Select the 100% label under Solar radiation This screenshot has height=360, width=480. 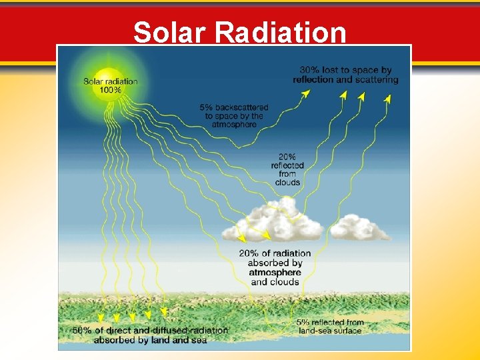click(x=111, y=90)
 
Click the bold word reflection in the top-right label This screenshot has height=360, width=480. click(x=313, y=80)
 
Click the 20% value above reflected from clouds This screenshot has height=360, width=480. click(x=287, y=157)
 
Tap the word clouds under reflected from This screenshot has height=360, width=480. click(x=287, y=182)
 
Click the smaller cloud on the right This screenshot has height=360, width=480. click(x=361, y=228)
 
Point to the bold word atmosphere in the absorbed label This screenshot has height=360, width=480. click(x=275, y=273)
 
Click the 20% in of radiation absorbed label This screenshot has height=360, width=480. click(x=249, y=253)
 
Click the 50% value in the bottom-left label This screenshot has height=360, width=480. click(x=83, y=331)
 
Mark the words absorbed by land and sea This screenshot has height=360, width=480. click(x=150, y=340)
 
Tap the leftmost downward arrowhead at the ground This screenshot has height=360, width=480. click(x=101, y=318)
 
